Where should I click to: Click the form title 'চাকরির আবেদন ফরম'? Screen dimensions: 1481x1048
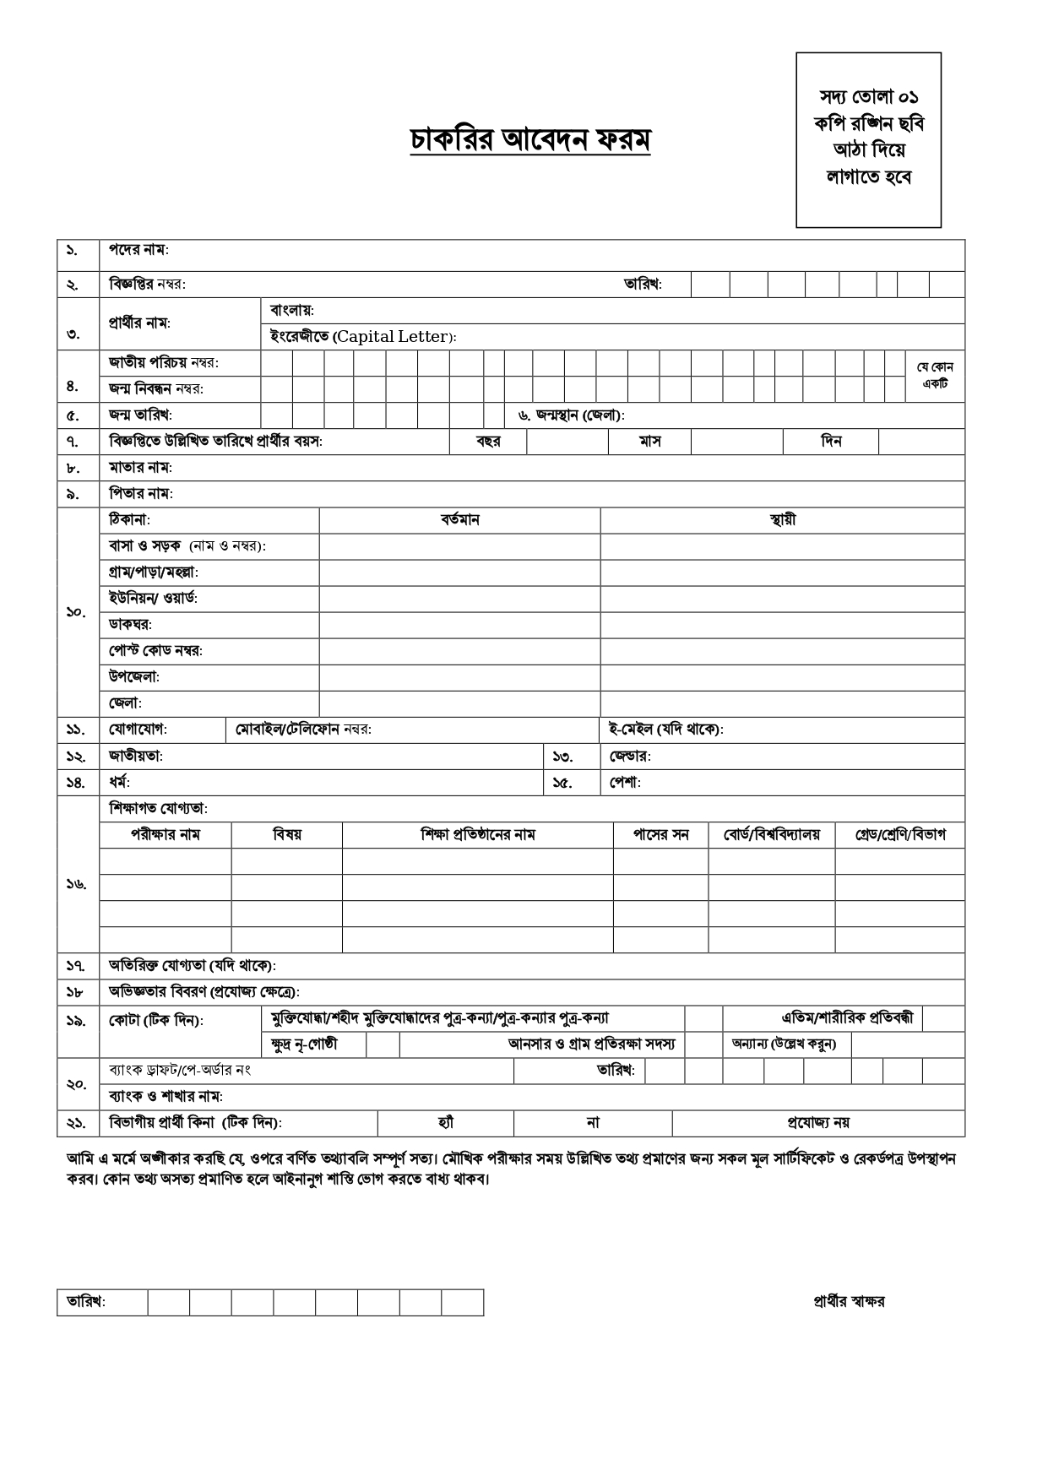coord(529,140)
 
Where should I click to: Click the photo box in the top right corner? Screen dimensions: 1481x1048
coord(868,139)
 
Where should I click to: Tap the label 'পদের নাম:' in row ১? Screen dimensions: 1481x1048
coord(138,251)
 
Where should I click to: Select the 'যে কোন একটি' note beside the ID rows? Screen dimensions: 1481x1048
coord(935,375)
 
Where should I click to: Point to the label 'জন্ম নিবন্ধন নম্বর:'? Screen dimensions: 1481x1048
coord(156,389)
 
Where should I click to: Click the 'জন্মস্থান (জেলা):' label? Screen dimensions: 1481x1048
coord(571,415)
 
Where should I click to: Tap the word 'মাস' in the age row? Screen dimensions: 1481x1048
coord(649,442)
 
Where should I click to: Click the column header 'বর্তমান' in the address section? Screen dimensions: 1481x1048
coord(459,520)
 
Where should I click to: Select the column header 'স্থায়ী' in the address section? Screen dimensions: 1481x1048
coord(782,520)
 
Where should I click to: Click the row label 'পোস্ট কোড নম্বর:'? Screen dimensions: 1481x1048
coord(155,651)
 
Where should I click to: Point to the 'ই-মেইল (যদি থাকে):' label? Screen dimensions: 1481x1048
coord(665,730)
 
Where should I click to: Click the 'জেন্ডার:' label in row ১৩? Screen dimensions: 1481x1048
coord(630,756)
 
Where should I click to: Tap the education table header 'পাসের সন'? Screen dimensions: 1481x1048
coord(660,835)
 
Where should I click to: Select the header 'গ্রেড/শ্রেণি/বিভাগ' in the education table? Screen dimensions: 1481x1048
coord(899,835)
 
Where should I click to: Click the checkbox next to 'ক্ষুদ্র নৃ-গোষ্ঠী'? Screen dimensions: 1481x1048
coord(383,1044)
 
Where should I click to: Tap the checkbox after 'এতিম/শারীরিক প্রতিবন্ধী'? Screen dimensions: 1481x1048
coord(943,1018)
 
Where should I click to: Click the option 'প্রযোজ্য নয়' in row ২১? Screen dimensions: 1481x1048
coord(817,1123)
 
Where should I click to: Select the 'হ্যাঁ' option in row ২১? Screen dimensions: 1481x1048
coord(446,1123)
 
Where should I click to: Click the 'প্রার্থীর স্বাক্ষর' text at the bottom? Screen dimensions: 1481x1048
coord(849,1302)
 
